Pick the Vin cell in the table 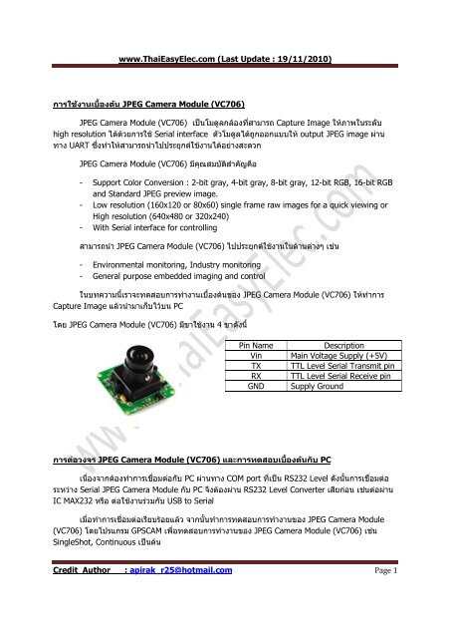(x=255, y=355)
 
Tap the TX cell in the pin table (x=255, y=365)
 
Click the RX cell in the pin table (x=255, y=375)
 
